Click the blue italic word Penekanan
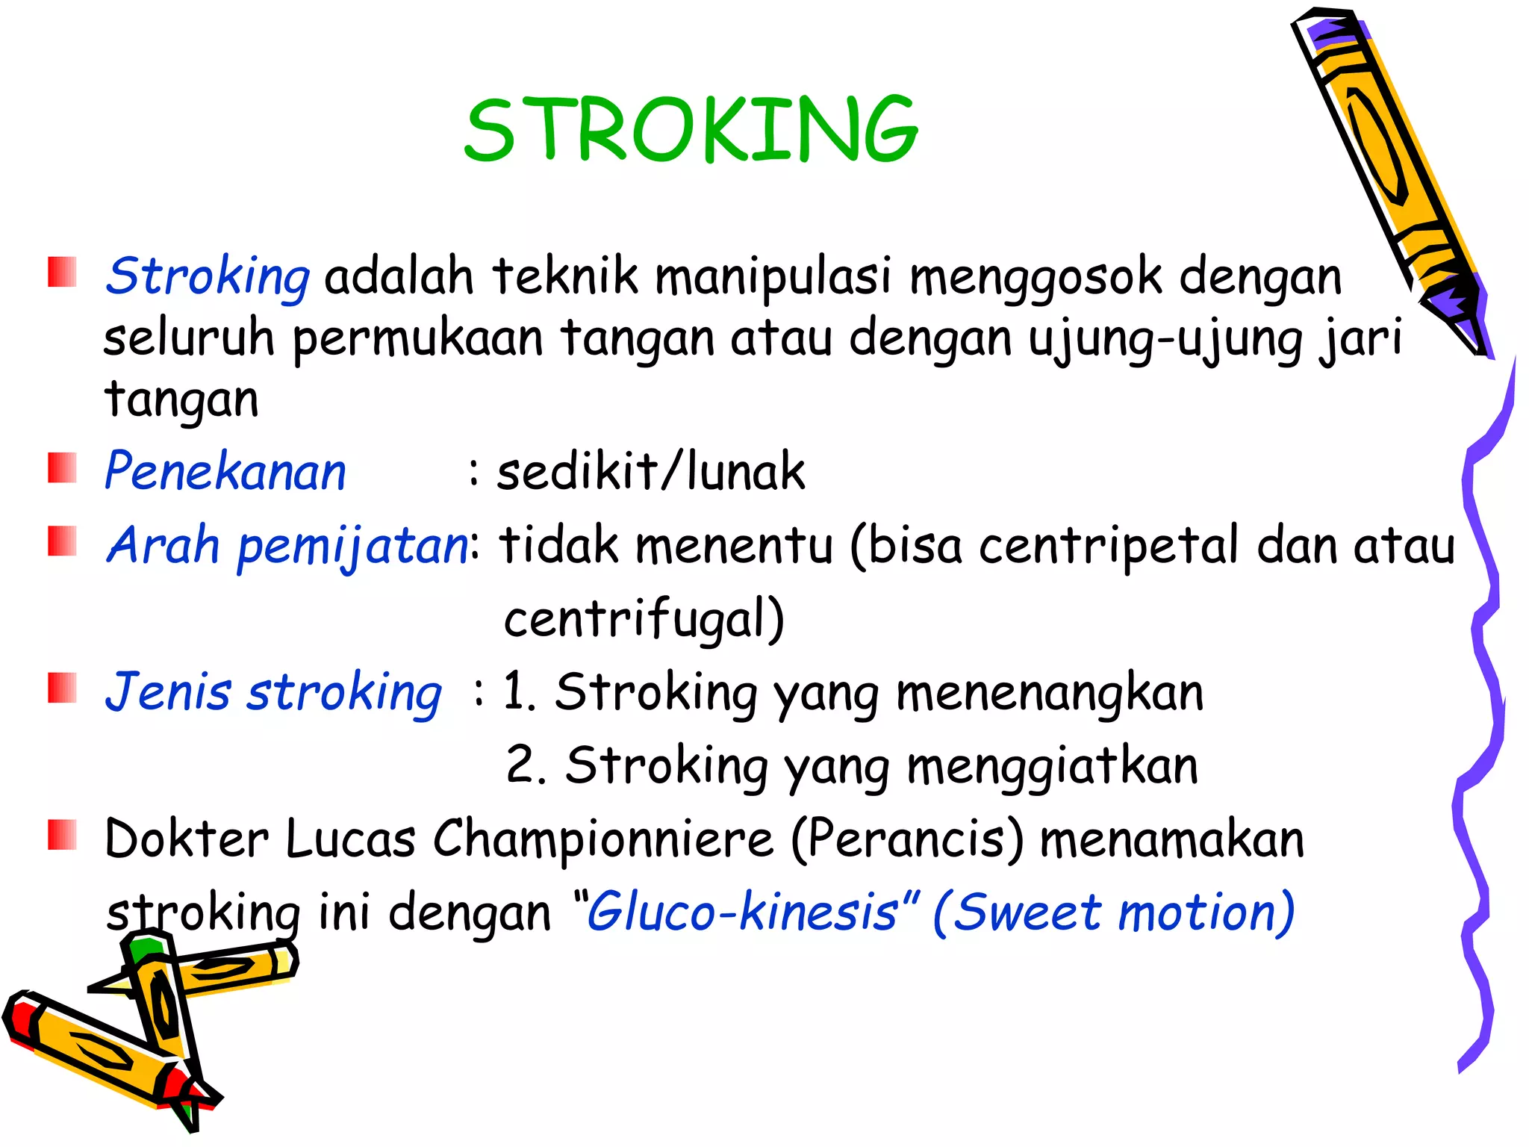[225, 472]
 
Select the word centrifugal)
[644, 619]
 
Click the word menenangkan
[1049, 692]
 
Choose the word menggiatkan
[1052, 766]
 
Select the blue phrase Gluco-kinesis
[742, 913]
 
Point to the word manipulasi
[773, 276]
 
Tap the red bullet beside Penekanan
[63, 468]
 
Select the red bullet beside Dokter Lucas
[63, 835]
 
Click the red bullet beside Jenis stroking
[63, 688]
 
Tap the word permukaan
[417, 338]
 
